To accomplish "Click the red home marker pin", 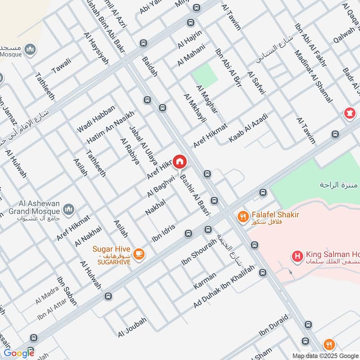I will pyautogui.click(x=180, y=161).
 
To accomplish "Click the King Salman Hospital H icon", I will pyautogui.click(x=297, y=257).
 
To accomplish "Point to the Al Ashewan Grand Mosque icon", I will pyautogui.click(x=69, y=209).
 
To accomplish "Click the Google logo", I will pyautogui.click(x=19, y=353).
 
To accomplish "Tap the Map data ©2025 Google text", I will pyautogui.click(x=325, y=355).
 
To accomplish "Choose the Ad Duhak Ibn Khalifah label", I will pyautogui.click(x=224, y=287).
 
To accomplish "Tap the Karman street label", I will pyautogui.click(x=205, y=280).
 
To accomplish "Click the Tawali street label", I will pyautogui.click(x=61, y=68).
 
